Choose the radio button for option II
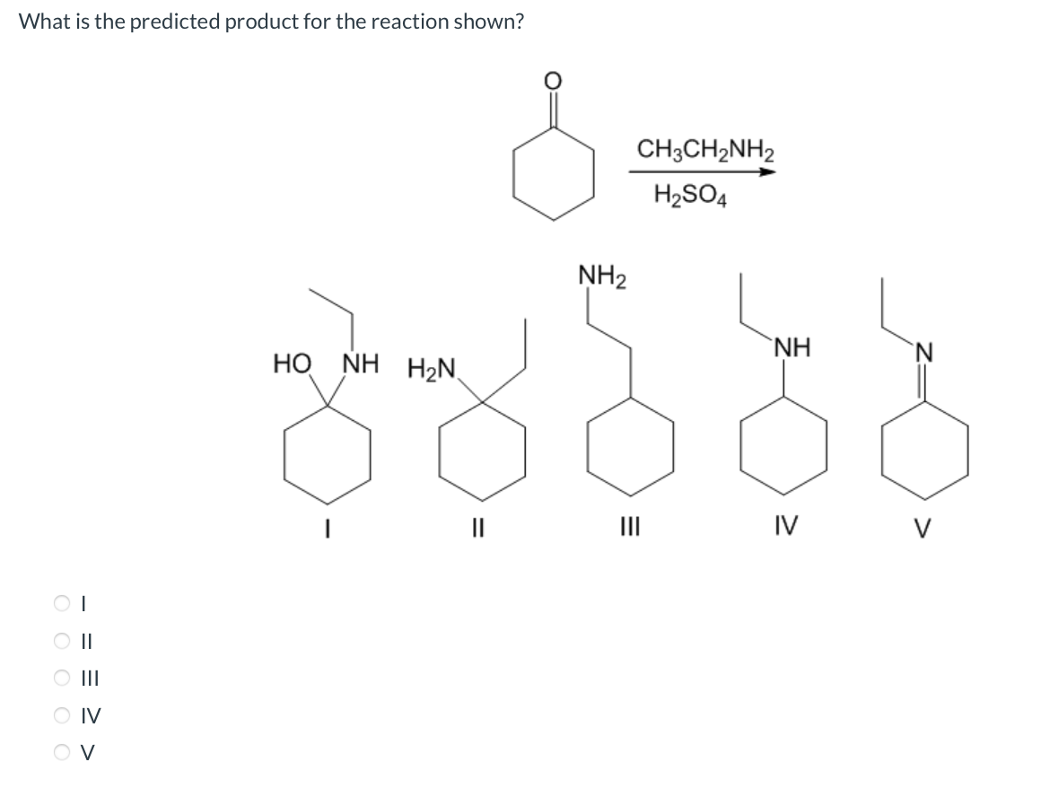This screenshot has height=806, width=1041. point(61,642)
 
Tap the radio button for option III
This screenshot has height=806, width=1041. point(61,679)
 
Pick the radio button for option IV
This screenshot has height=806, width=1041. point(61,715)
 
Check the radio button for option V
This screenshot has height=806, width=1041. point(61,752)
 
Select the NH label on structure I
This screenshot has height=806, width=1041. point(361,365)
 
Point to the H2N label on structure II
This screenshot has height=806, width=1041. point(432,368)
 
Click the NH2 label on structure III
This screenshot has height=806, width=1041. point(603,275)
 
